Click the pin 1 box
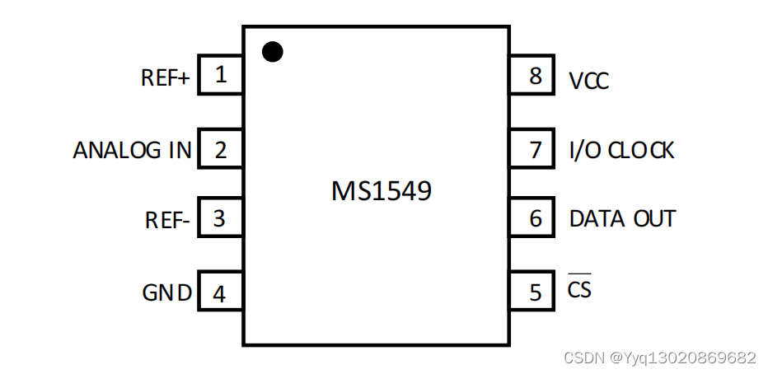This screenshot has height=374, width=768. coord(220,77)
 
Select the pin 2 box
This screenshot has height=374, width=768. coord(220,150)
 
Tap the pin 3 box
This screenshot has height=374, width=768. coord(220,219)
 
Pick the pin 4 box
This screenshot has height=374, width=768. coord(220,293)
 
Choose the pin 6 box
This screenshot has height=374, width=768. coord(536,219)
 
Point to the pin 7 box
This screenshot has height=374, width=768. coord(536,150)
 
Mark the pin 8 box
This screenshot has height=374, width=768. coord(536,77)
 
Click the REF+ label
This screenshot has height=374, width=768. coord(166,78)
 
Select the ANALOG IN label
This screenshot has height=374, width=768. coord(132,151)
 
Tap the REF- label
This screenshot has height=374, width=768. coord(167,221)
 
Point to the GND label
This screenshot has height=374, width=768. coord(167,293)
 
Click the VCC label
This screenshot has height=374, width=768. coord(589,81)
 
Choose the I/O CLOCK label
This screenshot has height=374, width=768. coord(621,151)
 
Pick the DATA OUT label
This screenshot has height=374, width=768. coord(622,219)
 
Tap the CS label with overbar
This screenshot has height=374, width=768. coord(579,290)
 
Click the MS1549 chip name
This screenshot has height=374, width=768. coord(381,192)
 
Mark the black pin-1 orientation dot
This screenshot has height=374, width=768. coord(273,52)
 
